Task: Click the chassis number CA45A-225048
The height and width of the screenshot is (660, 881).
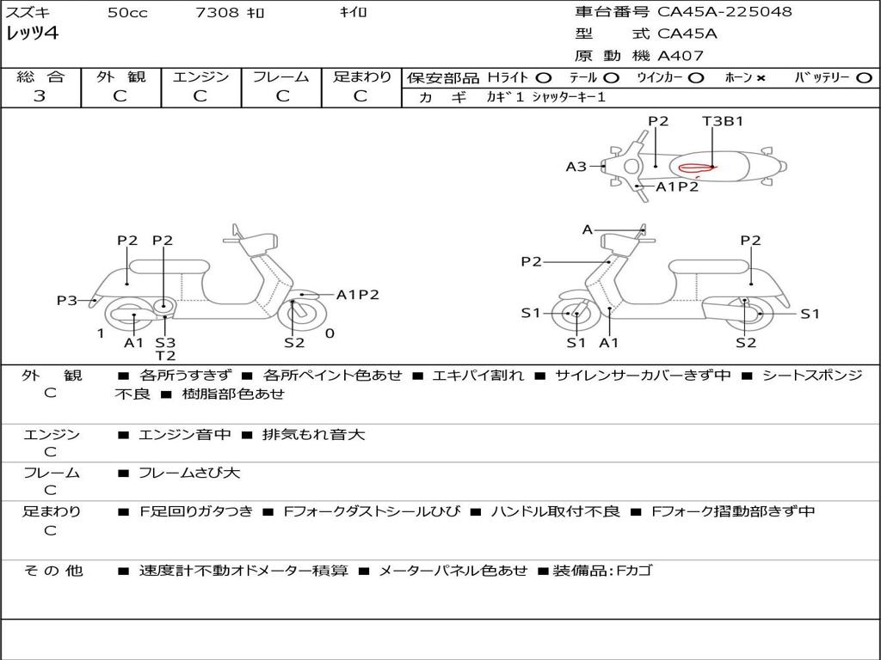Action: pos(724,12)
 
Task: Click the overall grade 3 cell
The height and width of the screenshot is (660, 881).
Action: pos(40,96)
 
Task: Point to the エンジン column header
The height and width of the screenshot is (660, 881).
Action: pos(200,77)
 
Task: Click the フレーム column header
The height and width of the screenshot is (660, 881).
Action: pos(281,77)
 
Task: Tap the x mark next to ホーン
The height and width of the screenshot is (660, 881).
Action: pos(761,78)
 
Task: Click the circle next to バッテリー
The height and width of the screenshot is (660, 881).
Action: pos(864,78)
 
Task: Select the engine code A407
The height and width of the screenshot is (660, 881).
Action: pos(681,56)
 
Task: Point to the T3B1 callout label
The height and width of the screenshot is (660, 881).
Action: pos(723,121)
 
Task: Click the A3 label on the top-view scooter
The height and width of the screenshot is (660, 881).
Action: pos(576,167)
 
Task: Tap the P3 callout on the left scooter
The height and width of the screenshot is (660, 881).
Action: pos(67,300)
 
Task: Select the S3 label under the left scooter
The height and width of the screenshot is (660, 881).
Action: pos(165,343)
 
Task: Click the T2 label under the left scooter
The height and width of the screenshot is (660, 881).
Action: pos(165,356)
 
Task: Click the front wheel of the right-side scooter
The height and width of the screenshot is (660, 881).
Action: pos(575,315)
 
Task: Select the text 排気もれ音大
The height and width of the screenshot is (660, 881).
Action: pos(314,435)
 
